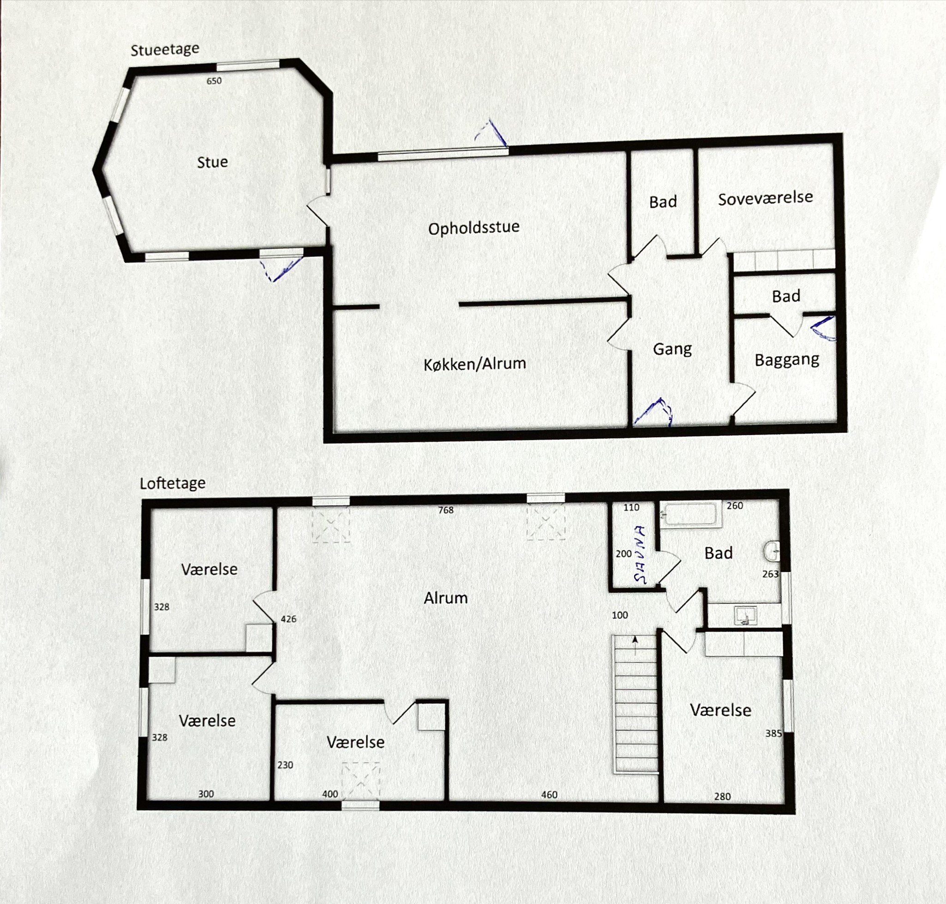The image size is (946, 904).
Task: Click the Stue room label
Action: click(x=212, y=163)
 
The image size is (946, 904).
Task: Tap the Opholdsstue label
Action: click(x=474, y=228)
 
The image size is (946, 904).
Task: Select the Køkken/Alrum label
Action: click(x=475, y=364)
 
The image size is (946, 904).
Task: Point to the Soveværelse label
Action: click(x=766, y=198)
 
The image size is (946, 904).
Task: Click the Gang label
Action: click(x=672, y=349)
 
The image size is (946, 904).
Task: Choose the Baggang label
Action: click(x=787, y=360)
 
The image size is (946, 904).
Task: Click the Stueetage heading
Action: click(x=165, y=50)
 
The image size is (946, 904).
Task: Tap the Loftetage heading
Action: click(x=173, y=483)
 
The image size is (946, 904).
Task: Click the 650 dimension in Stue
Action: click(x=214, y=81)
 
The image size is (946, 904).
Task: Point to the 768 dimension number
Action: click(x=446, y=510)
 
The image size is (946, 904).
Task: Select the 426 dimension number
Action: click(x=288, y=619)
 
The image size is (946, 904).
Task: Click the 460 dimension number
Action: click(x=549, y=795)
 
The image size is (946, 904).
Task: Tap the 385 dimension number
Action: click(x=773, y=734)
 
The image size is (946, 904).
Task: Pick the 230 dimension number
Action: click(x=285, y=765)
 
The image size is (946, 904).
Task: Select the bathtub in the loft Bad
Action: click(x=690, y=513)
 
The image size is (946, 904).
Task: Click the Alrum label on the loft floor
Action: click(x=446, y=598)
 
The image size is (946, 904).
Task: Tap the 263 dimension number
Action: click(x=770, y=574)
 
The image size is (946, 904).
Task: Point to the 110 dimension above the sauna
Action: click(x=631, y=507)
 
